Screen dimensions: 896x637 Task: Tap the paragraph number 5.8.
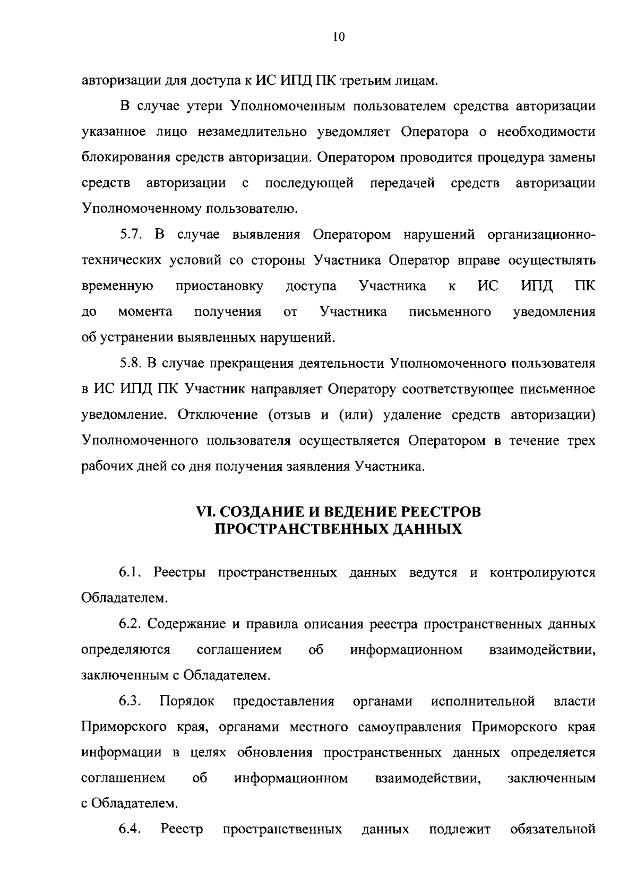(x=131, y=364)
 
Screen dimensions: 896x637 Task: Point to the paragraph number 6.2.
(x=131, y=624)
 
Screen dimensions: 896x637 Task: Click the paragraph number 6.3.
(x=130, y=701)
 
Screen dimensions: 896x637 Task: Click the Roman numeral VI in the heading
(x=205, y=512)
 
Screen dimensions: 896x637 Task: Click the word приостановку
(x=219, y=287)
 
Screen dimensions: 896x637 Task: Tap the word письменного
(x=450, y=312)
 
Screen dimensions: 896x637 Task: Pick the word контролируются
(x=542, y=573)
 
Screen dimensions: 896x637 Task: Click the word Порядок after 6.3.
(x=187, y=701)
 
